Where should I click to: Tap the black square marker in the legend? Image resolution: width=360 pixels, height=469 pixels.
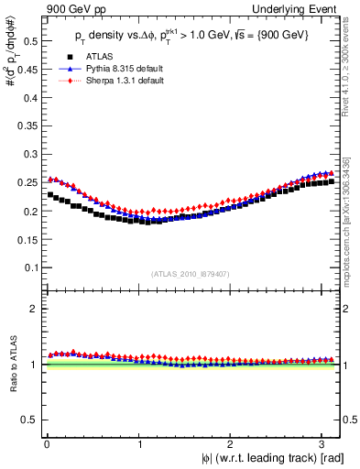click(63, 57)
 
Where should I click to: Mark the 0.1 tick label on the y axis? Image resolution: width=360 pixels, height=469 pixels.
click(29, 267)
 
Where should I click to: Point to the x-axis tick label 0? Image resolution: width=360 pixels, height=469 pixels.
click(47, 444)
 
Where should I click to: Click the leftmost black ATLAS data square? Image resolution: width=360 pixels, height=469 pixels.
click(50, 194)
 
